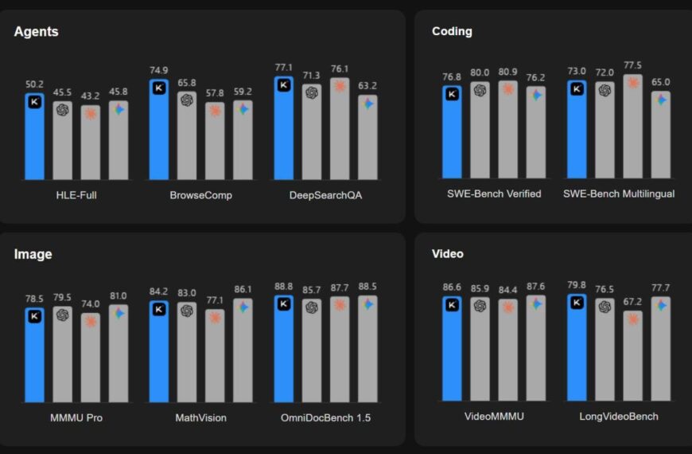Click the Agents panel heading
(x=36, y=32)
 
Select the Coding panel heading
(x=452, y=31)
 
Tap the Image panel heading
(x=33, y=254)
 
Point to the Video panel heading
(x=448, y=253)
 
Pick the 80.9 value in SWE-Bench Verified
(x=507, y=71)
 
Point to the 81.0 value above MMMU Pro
(x=119, y=295)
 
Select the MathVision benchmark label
(x=200, y=417)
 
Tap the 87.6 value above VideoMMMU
(x=535, y=287)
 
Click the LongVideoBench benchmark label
(x=619, y=417)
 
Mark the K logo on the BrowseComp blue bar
(x=159, y=88)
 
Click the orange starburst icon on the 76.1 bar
(x=340, y=85)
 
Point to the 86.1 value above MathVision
(x=243, y=290)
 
